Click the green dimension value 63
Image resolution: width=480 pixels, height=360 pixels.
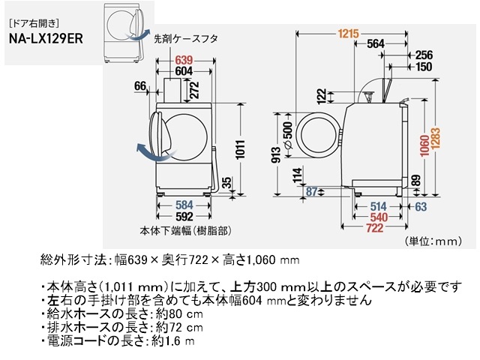[x=420, y=206]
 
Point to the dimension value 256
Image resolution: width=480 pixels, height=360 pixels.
[x=424, y=55]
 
